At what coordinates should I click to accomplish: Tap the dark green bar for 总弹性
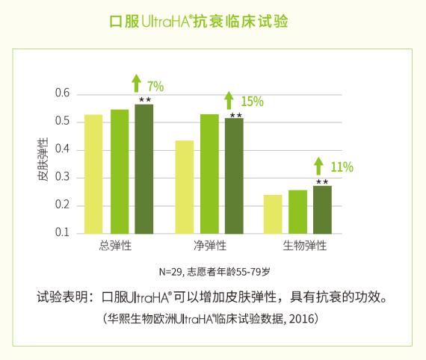[143, 169]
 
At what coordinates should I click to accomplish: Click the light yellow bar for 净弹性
[185, 187]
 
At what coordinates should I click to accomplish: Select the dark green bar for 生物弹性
[322, 209]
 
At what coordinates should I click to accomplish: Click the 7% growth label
[155, 86]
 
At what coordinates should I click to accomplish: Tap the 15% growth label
[253, 102]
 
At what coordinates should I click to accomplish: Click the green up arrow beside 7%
[137, 84]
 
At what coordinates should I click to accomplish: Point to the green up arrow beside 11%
[319, 165]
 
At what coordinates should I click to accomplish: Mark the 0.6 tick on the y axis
[62, 94]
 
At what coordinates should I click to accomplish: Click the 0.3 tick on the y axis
[62, 178]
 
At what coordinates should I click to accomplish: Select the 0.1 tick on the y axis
[62, 233]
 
